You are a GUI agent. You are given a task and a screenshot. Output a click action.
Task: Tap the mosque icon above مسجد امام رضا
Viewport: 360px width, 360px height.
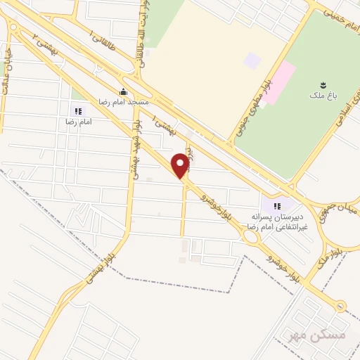point(124,91)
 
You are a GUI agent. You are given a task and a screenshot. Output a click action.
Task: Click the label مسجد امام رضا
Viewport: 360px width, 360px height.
point(124,103)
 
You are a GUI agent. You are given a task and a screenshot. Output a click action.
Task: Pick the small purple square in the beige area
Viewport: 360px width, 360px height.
point(252,60)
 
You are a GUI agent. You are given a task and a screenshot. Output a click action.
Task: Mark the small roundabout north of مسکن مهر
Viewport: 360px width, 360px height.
point(340,305)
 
